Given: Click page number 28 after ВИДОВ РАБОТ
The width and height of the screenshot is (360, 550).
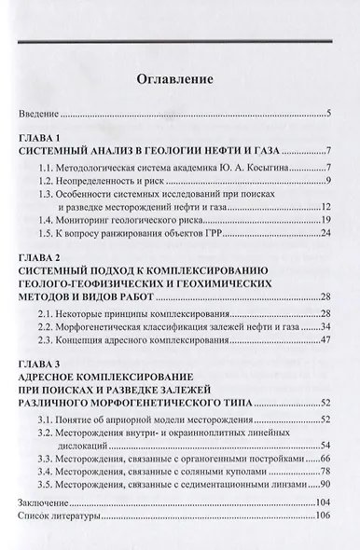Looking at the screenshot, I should click(x=327, y=296).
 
